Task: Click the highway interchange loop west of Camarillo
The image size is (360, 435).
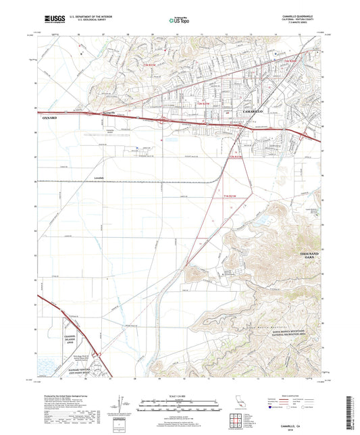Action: [164, 120]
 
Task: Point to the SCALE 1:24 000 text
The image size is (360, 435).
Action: [179, 394]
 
